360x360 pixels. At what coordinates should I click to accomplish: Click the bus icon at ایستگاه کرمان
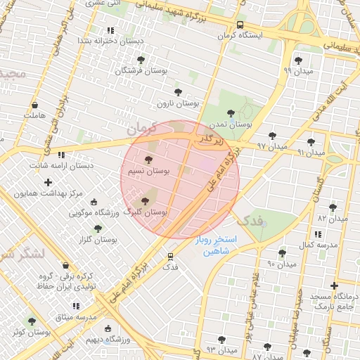coord(241,24)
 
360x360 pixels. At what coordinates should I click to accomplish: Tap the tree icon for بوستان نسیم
coord(148,160)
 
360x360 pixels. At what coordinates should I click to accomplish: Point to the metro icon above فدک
coord(170,257)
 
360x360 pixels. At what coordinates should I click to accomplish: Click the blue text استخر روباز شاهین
coord(217,245)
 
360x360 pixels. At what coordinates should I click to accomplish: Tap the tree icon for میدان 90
coord(282,253)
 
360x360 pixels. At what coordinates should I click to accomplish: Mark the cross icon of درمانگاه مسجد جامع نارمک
coord(334,285)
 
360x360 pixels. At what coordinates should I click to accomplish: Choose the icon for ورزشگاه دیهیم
coord(108,328)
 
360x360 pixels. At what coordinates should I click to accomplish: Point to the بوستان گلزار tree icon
coord(97,229)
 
